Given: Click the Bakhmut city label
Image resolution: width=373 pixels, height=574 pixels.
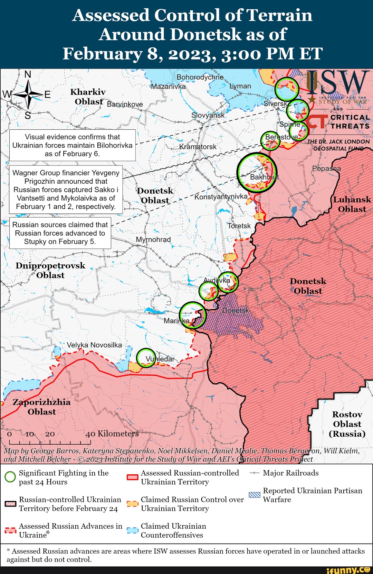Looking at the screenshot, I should pyautogui.click(x=264, y=177).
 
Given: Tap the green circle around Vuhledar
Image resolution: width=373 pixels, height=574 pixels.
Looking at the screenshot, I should pyautogui.click(x=146, y=358).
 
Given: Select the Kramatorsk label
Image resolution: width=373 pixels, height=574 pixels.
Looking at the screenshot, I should pyautogui.click(x=198, y=147).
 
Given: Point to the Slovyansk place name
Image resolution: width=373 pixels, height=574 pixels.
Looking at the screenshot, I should pyautogui.click(x=208, y=115).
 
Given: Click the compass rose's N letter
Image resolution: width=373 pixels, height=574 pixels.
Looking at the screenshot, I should pyautogui.click(x=28, y=74).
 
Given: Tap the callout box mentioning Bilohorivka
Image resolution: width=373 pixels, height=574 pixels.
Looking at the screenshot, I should pyautogui.click(x=72, y=145).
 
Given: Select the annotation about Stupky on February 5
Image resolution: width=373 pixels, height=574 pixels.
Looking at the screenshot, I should pyautogui.click(x=60, y=233).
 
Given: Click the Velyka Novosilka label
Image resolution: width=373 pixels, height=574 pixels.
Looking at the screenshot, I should pyautogui.click(x=94, y=345).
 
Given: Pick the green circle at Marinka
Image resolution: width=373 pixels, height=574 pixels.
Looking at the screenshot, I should pyautogui.click(x=193, y=315).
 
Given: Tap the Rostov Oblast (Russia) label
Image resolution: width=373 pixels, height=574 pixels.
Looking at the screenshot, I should pyautogui.click(x=347, y=424).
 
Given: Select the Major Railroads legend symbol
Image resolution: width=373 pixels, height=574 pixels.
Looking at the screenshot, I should pyautogui.click(x=255, y=473).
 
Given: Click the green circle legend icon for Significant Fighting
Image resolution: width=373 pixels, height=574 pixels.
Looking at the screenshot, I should pyautogui.click(x=10, y=477).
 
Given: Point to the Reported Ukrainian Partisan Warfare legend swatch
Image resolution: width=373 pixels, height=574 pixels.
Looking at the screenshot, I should pyautogui.click(x=255, y=495).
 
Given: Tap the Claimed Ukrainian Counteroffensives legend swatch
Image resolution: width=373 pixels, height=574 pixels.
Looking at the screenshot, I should pyautogui.click(x=132, y=530).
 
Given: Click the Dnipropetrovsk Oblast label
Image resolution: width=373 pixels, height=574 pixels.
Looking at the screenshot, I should pyautogui.click(x=50, y=270).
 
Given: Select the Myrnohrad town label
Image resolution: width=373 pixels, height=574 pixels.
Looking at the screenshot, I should pyautogui.click(x=153, y=239).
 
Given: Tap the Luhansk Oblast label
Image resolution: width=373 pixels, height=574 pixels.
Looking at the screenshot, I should pyautogui.click(x=352, y=204).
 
